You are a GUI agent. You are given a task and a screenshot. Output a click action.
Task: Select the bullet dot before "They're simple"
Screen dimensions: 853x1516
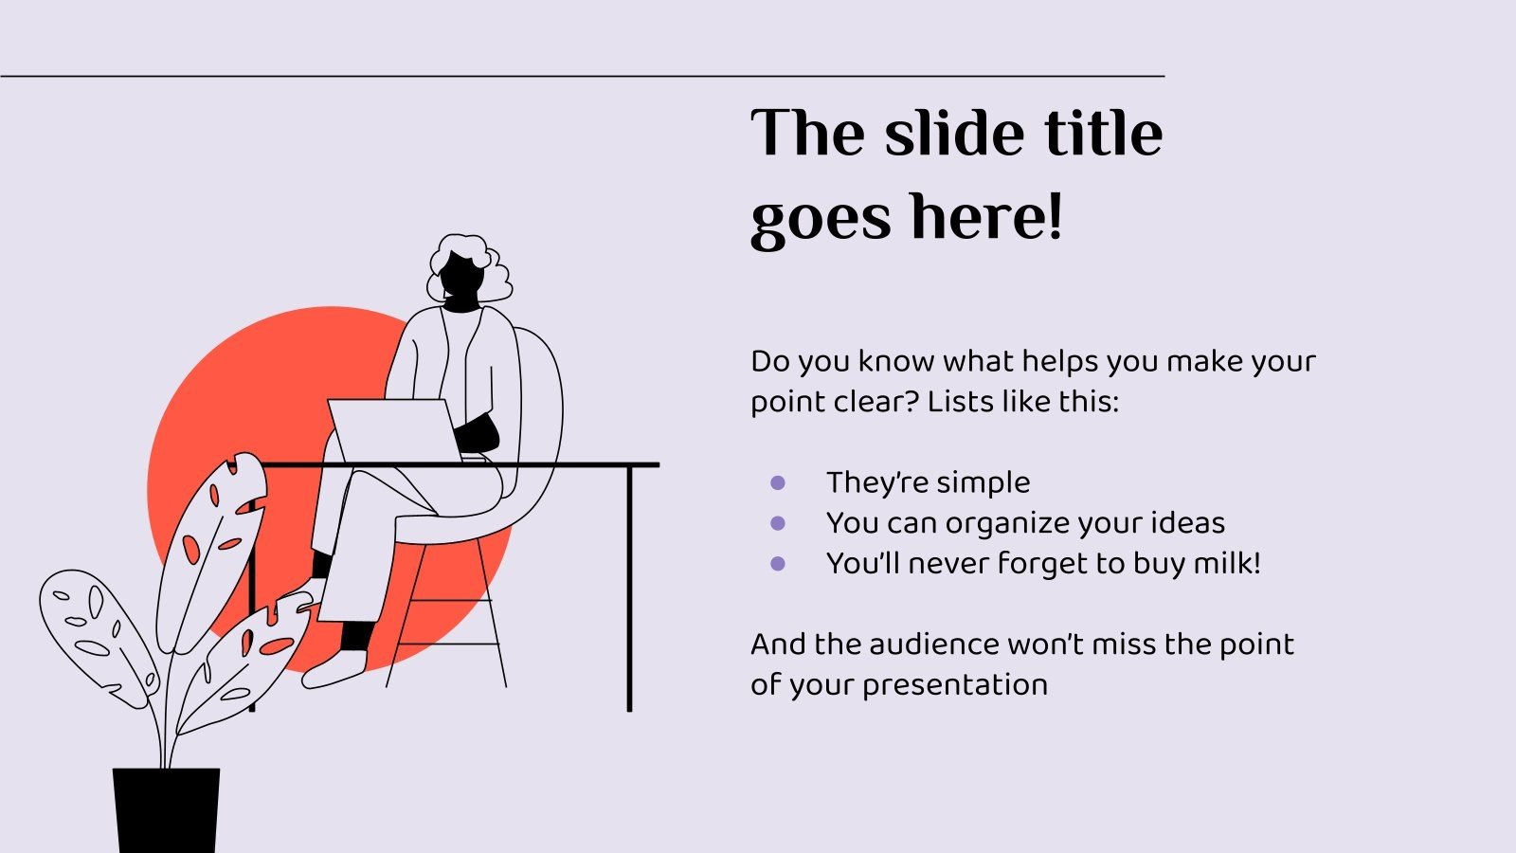[778, 483]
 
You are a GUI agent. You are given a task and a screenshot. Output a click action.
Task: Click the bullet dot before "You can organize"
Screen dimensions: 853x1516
[778, 523]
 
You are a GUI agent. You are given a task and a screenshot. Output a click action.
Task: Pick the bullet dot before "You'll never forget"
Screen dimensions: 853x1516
[778, 564]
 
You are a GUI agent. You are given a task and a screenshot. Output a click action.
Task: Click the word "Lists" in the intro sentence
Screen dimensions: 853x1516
[960, 402]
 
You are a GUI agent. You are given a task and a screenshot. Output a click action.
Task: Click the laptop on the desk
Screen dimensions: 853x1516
[393, 429]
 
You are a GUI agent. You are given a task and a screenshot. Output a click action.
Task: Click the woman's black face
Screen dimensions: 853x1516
[461, 280]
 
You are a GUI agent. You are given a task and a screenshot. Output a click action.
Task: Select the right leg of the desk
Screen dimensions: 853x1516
[629, 588]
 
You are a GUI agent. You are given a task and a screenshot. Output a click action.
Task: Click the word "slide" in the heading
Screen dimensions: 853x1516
[955, 133]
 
